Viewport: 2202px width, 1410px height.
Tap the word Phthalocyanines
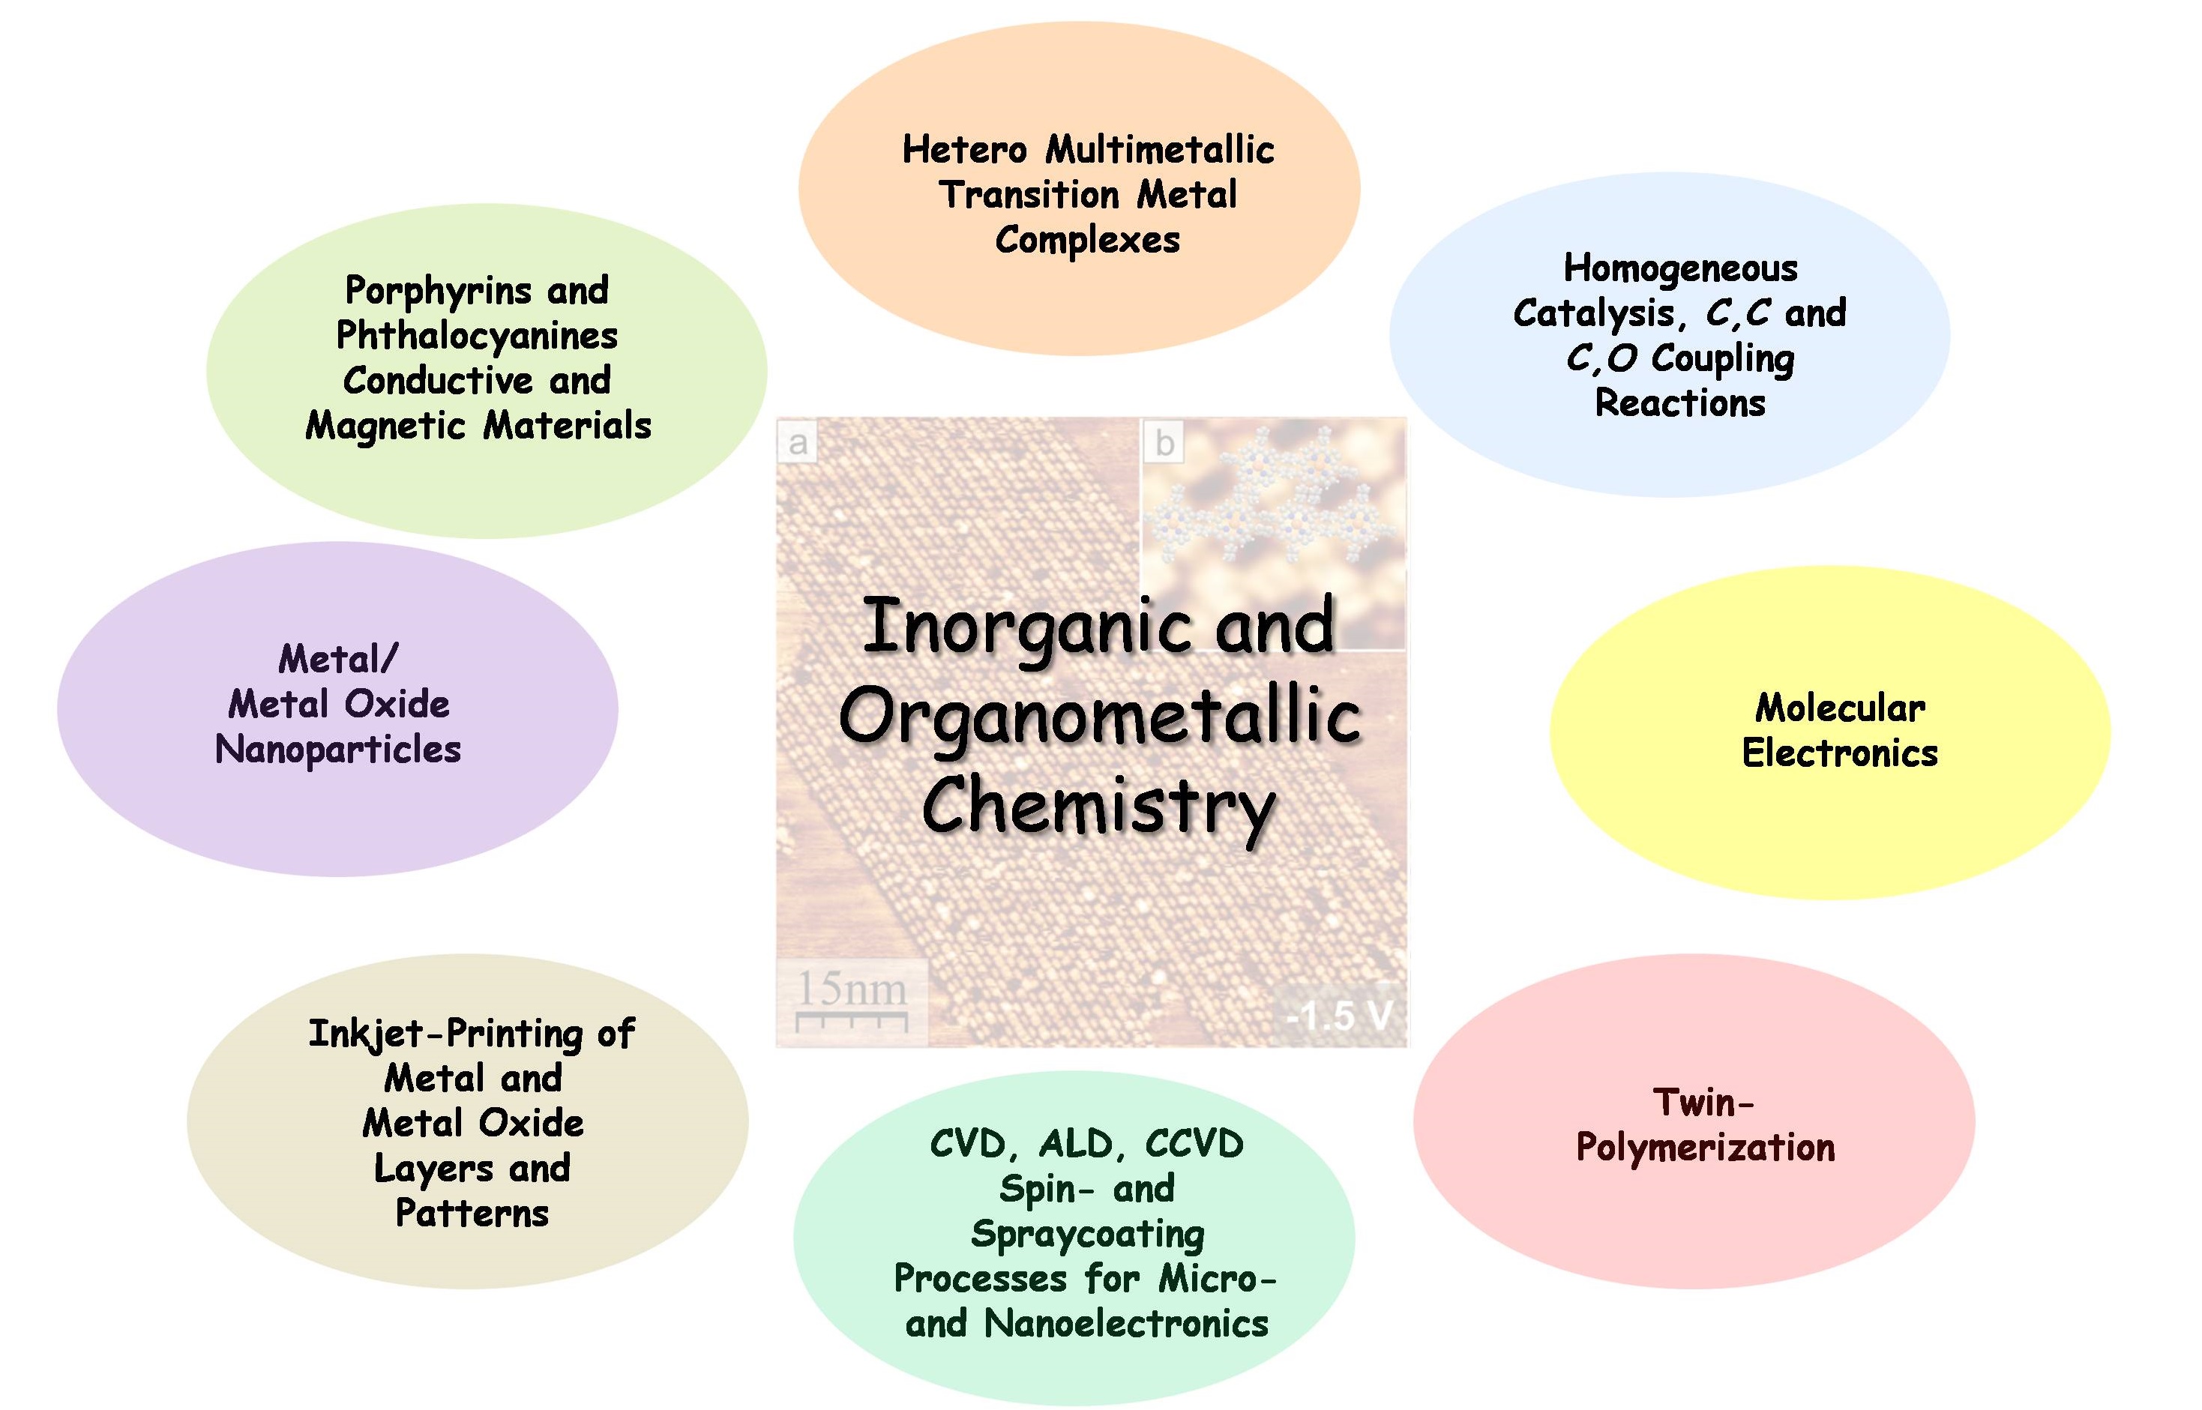pyautogui.click(x=477, y=336)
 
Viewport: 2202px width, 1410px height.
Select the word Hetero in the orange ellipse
pyautogui.click(x=964, y=150)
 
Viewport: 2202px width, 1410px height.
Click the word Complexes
pyautogui.click(x=1087, y=240)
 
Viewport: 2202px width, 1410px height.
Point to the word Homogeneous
pyautogui.click(x=1680, y=268)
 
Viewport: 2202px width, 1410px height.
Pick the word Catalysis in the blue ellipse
pyautogui.click(x=1592, y=314)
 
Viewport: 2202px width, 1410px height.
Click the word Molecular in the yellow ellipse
pyautogui.click(x=1841, y=708)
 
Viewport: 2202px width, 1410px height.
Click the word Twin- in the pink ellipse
pyautogui.click(x=1703, y=1103)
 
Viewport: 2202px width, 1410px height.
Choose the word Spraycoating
pyautogui.click(x=1087, y=1234)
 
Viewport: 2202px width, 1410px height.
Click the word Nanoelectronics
pyautogui.click(x=1126, y=1324)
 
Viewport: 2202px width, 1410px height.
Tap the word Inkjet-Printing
pyautogui.click(x=445, y=1034)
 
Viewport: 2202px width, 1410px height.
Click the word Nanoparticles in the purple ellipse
pyautogui.click(x=338, y=750)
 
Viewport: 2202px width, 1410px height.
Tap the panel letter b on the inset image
pyautogui.click(x=1164, y=443)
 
